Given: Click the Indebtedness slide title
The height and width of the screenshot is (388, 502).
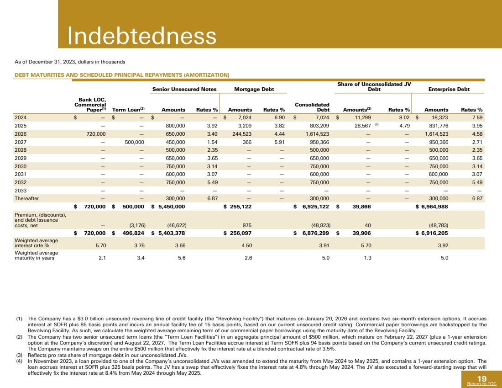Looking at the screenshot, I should pos(142,36).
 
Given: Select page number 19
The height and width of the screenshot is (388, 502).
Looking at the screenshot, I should pos(482,378).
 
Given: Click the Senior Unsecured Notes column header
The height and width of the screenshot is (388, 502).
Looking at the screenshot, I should pos(184,89).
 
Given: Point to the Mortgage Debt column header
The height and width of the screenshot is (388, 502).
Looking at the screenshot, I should pos(254,89).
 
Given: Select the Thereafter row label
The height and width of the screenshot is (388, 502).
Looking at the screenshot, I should pos(27,199).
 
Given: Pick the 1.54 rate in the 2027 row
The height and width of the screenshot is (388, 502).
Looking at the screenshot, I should pos(212,142).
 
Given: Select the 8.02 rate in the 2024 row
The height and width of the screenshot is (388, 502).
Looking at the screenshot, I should pos(402,117).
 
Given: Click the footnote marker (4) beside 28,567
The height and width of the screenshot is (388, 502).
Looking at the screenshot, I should pos(377,125).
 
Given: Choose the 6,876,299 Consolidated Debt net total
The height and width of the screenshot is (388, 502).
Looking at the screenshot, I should pos(313,233).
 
